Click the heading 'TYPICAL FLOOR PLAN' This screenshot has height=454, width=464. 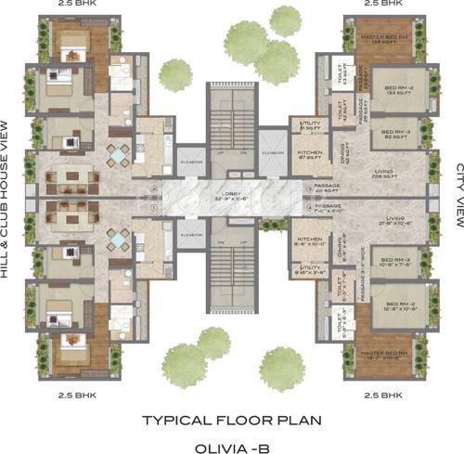pyautogui.click(x=231, y=420)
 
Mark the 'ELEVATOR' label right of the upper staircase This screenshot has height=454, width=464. pyautogui.click(x=274, y=153)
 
